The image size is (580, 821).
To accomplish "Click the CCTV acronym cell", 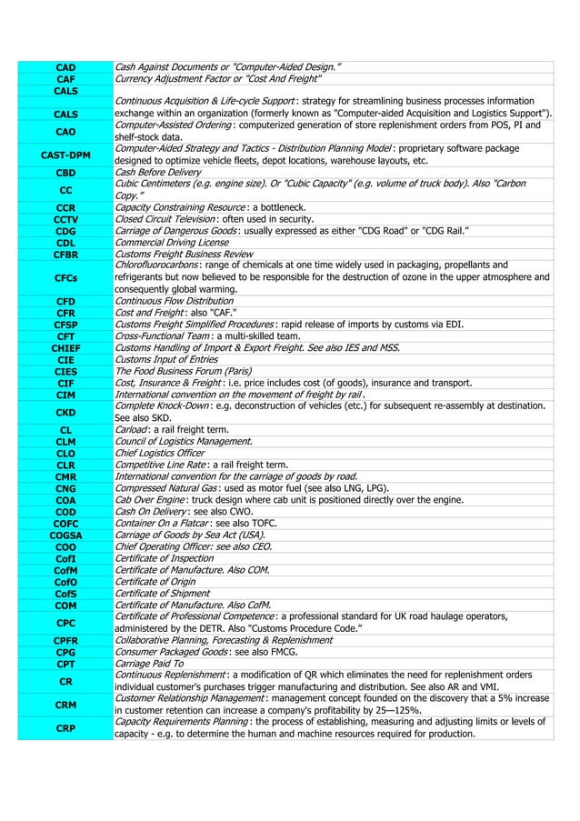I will tap(65, 219).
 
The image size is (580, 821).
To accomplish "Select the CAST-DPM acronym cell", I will tap(65, 155).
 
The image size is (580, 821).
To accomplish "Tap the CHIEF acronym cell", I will tap(65, 347).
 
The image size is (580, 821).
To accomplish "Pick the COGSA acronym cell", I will tap(65, 536).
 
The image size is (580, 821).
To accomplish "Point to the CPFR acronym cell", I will tap(65, 640).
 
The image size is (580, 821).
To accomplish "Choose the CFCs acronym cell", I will tap(65, 277).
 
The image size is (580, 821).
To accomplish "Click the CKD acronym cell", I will tap(65, 411).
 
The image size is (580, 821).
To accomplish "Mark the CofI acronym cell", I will tap(65, 559).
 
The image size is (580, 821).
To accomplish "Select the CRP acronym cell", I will tap(65, 728).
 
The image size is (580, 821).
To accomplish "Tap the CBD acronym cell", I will tap(65, 172).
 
